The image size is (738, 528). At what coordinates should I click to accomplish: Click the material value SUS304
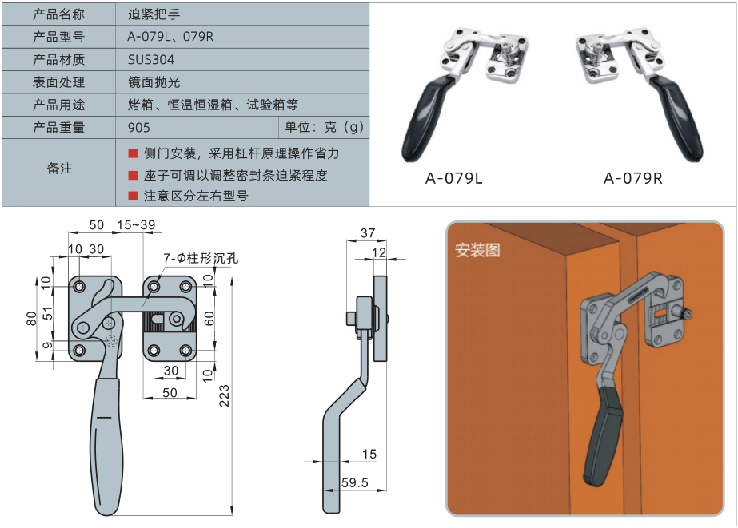[151, 60]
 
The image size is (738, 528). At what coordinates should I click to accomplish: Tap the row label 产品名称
[58, 14]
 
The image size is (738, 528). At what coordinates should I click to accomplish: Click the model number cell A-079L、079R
[171, 37]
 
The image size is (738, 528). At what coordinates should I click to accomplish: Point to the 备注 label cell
[58, 169]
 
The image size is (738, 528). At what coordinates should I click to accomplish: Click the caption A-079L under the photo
[453, 178]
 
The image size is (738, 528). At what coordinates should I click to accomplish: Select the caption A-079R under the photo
[632, 178]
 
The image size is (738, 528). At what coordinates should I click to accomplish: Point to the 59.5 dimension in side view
[354, 482]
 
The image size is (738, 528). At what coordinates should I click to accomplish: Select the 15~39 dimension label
[136, 226]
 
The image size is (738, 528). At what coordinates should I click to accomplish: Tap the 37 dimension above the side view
[367, 233]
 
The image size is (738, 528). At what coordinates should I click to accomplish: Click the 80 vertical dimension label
[31, 319]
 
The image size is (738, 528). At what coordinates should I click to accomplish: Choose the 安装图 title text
[477, 250]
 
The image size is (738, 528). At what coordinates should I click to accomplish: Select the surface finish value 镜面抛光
[154, 82]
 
